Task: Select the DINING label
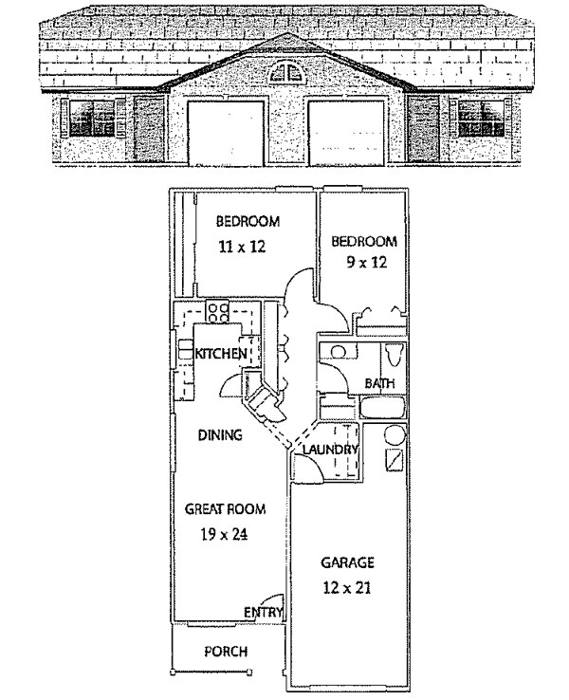(x=220, y=436)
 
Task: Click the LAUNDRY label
(x=330, y=451)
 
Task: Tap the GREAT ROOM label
(x=226, y=509)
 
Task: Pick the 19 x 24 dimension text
(x=226, y=533)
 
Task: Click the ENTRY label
(x=264, y=613)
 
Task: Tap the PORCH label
(x=226, y=652)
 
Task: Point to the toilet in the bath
(x=395, y=358)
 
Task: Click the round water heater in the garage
(x=395, y=435)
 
